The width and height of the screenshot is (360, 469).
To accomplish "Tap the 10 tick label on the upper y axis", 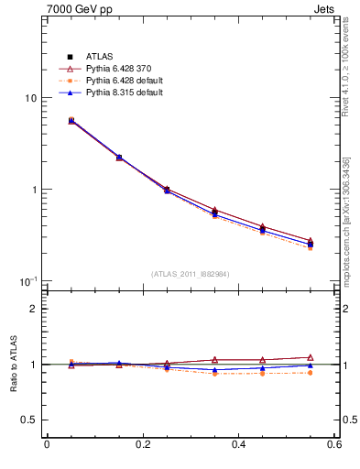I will pyautogui.click(x=30, y=98).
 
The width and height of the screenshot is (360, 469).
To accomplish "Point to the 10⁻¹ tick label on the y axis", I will pyautogui.click(x=28, y=280).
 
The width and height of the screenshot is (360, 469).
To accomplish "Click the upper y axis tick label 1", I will pyautogui.click(x=34, y=190).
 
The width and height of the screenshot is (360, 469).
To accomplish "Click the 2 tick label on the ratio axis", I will pyautogui.click(x=34, y=310).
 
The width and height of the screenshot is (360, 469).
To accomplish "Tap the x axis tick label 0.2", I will pyautogui.click(x=142, y=446).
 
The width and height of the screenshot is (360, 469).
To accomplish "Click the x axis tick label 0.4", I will pyautogui.click(x=238, y=446).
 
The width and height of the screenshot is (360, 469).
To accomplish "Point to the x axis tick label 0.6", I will pyautogui.click(x=333, y=446).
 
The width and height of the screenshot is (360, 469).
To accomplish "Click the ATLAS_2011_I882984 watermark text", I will pyautogui.click(x=190, y=274).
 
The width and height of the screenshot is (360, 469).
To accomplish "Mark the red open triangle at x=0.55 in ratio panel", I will pyautogui.click(x=310, y=357).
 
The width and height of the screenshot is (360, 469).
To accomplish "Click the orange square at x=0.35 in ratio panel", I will pyautogui.click(x=214, y=374).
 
